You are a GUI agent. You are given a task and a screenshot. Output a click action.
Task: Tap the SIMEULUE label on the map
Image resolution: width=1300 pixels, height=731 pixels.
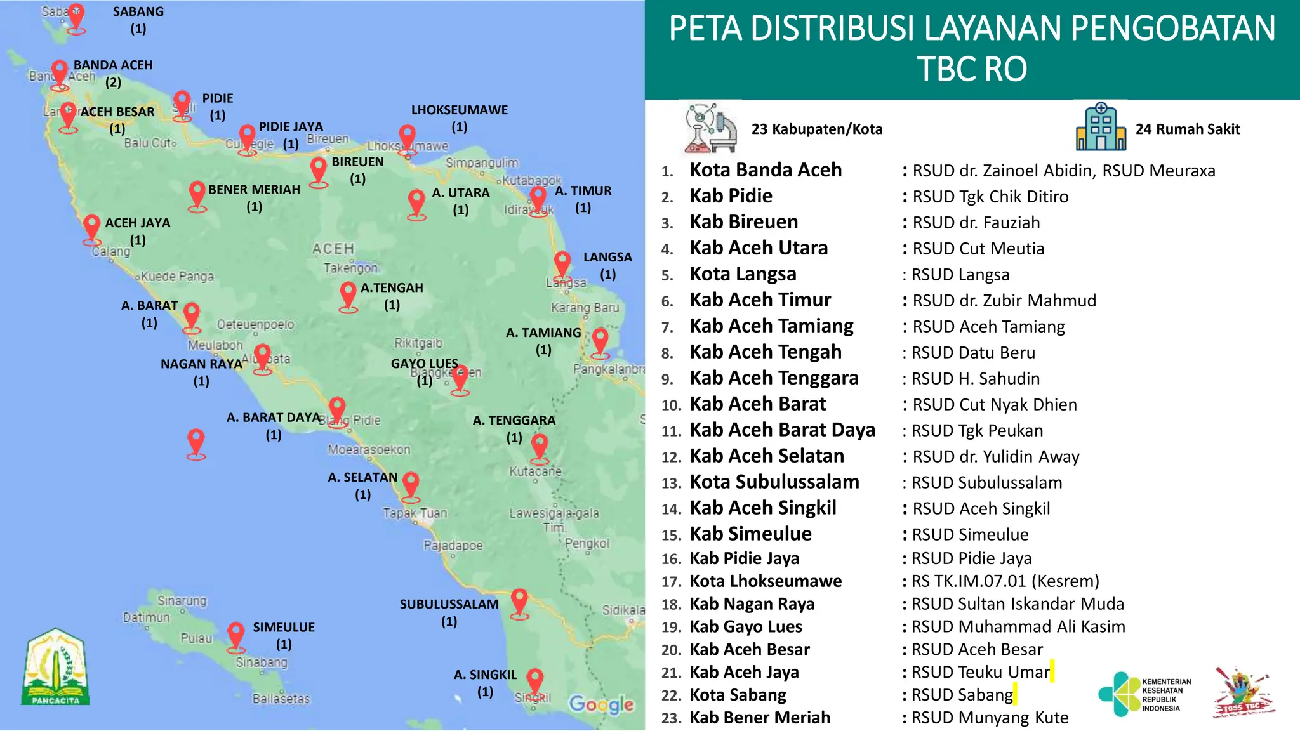(x=284, y=628)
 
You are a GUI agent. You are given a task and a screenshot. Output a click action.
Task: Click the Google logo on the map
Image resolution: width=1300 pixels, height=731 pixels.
(x=600, y=704)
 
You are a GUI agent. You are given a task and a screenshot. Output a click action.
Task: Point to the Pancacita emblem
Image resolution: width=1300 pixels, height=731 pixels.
(x=56, y=668)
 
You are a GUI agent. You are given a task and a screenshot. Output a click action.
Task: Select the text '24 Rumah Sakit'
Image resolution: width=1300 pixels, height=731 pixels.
(x=1187, y=129)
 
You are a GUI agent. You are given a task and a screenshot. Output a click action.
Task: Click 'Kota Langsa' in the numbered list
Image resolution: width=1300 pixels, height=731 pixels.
(x=743, y=274)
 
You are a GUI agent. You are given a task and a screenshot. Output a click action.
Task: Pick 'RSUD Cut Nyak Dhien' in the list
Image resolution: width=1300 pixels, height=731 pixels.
(x=994, y=405)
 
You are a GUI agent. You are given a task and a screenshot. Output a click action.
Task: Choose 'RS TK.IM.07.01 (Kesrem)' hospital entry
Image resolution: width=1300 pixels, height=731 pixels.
(x=1005, y=581)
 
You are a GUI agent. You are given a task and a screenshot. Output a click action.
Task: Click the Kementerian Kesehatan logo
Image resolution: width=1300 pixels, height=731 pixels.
(x=1144, y=695)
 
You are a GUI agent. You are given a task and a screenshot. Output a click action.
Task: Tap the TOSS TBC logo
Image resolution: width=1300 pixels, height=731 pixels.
(x=1243, y=693)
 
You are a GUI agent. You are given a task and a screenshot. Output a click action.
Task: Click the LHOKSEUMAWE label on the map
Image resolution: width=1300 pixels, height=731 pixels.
(x=459, y=110)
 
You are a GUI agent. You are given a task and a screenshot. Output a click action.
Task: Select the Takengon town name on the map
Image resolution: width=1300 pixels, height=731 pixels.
(x=350, y=268)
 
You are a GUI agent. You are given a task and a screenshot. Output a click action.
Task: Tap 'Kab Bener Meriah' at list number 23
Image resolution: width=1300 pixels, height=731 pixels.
(x=760, y=718)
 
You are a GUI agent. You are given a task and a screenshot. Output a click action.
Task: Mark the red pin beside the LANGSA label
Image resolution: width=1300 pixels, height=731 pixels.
(x=562, y=263)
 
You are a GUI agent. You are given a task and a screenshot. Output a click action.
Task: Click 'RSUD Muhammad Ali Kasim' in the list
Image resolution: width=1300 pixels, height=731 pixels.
(x=1018, y=627)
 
